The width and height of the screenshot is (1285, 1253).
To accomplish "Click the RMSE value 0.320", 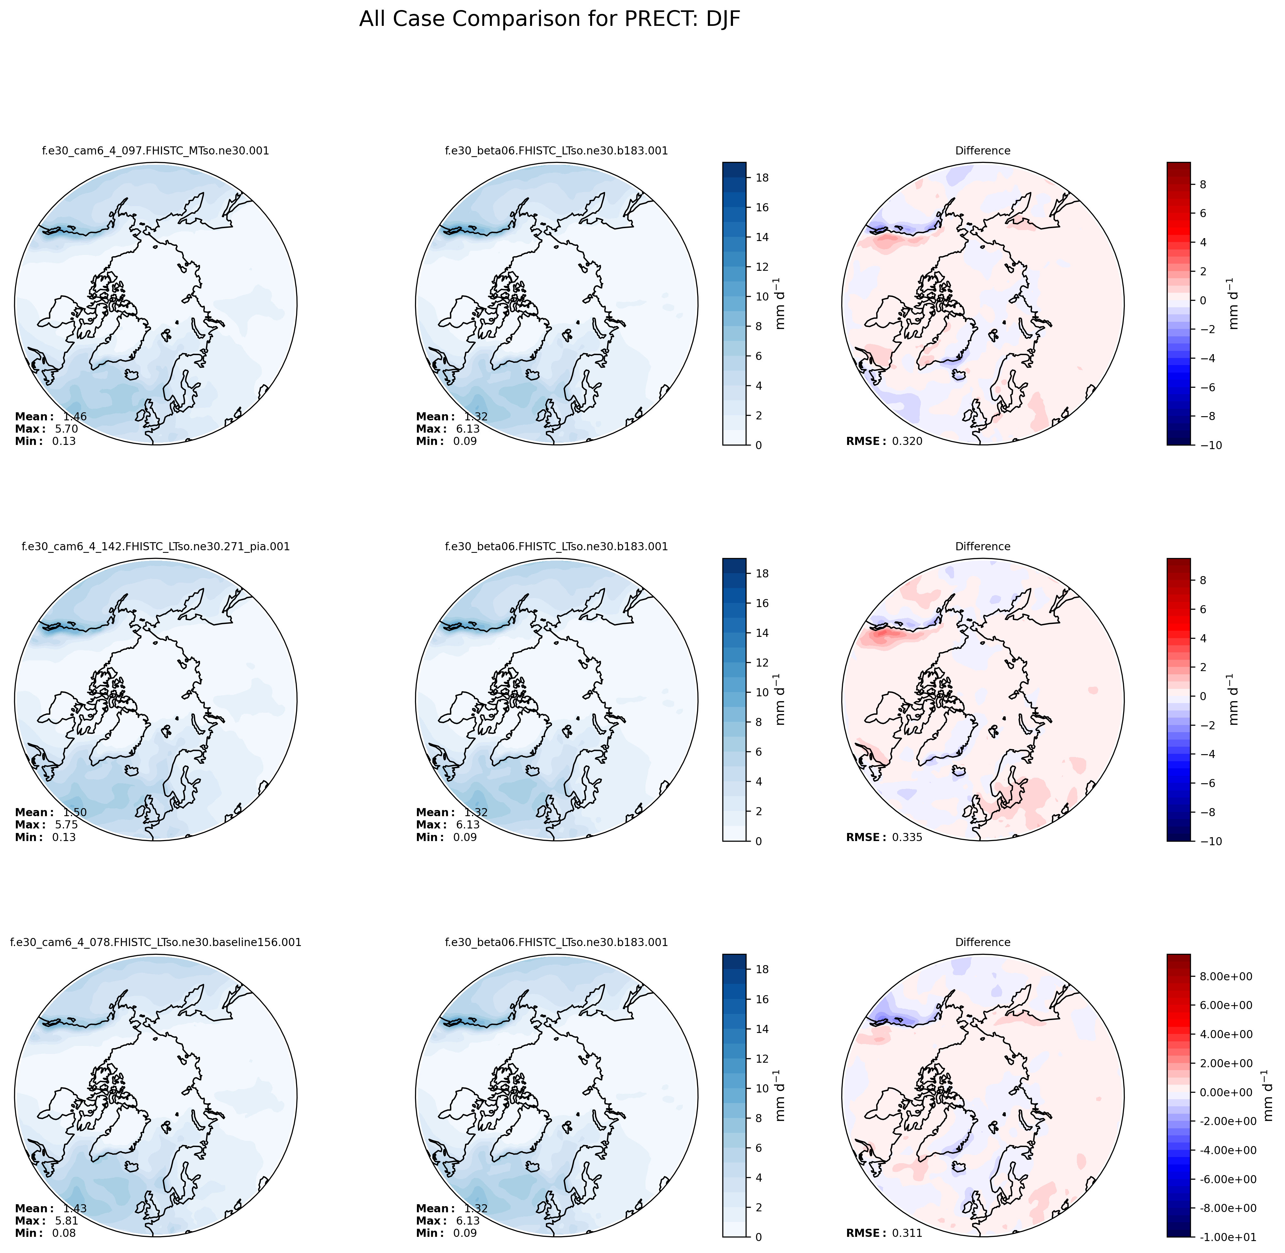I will [907, 442].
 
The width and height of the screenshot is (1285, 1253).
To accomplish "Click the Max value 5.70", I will [67, 429].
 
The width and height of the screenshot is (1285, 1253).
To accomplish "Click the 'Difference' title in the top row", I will [982, 151].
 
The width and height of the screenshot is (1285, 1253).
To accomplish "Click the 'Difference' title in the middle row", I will [982, 546].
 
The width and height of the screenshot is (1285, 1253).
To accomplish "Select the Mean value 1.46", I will [75, 416].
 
